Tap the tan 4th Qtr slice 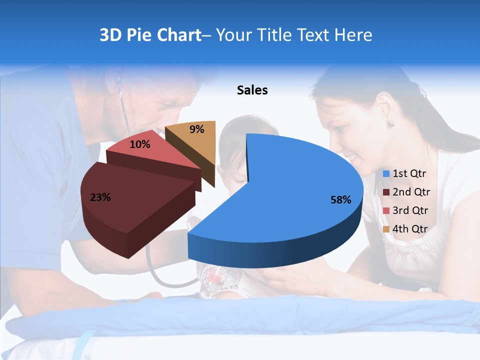click(x=192, y=140)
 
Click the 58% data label click(x=340, y=200)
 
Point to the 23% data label click(x=100, y=197)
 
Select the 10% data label click(x=140, y=145)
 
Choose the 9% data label click(x=197, y=129)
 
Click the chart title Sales click(x=252, y=90)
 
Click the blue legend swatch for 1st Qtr click(x=386, y=174)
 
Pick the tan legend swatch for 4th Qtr click(x=386, y=229)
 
